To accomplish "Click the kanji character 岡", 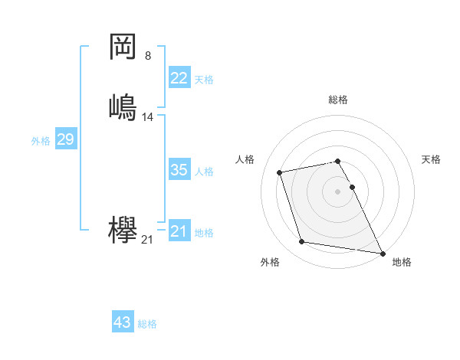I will click(x=123, y=47).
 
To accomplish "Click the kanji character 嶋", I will click(x=123, y=106).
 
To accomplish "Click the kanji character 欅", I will click(x=123, y=231).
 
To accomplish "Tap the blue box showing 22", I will click(x=179, y=78).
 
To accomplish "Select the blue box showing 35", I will click(x=179, y=170).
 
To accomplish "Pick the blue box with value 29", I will click(x=65, y=139).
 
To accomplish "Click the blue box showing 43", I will click(x=123, y=322).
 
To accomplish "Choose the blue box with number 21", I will click(x=179, y=231).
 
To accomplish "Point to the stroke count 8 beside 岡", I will click(x=148, y=55).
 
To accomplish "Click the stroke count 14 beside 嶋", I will click(x=148, y=117).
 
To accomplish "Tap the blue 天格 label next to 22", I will click(x=204, y=80).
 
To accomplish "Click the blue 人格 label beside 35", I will click(x=204, y=172).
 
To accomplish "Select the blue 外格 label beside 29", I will click(x=41, y=141).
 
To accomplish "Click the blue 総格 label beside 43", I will click(x=147, y=324).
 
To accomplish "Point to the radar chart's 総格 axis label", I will click(x=338, y=100).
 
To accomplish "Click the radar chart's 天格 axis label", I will click(x=431, y=159).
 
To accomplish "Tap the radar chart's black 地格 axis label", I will click(x=402, y=262).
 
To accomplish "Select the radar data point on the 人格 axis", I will click(x=280, y=172).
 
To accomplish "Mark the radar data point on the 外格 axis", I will click(x=302, y=242).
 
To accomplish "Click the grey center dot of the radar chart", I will click(x=338, y=191).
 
